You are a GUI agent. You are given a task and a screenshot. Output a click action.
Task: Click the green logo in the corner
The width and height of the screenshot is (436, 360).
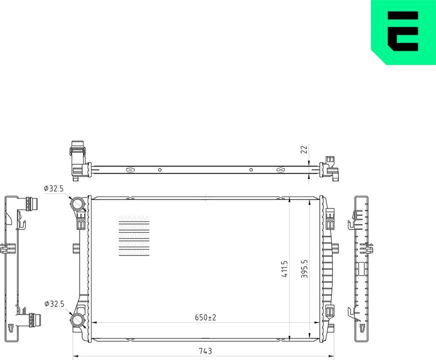point(403,32)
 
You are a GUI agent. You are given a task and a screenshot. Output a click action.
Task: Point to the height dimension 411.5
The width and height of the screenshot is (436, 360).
point(285,268)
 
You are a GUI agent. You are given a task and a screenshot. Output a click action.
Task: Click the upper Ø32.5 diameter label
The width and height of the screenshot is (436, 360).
point(54,188)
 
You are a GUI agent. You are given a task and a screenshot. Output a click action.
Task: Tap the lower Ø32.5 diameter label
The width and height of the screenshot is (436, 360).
point(54,303)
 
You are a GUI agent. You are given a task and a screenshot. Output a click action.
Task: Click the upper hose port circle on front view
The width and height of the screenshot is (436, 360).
point(77,204)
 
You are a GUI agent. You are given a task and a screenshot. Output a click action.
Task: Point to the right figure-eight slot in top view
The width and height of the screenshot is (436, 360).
point(281,169)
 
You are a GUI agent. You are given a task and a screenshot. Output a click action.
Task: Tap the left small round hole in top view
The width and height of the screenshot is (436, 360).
point(160,169)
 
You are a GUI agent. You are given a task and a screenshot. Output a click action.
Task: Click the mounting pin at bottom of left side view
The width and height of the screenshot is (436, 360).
point(12,327)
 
